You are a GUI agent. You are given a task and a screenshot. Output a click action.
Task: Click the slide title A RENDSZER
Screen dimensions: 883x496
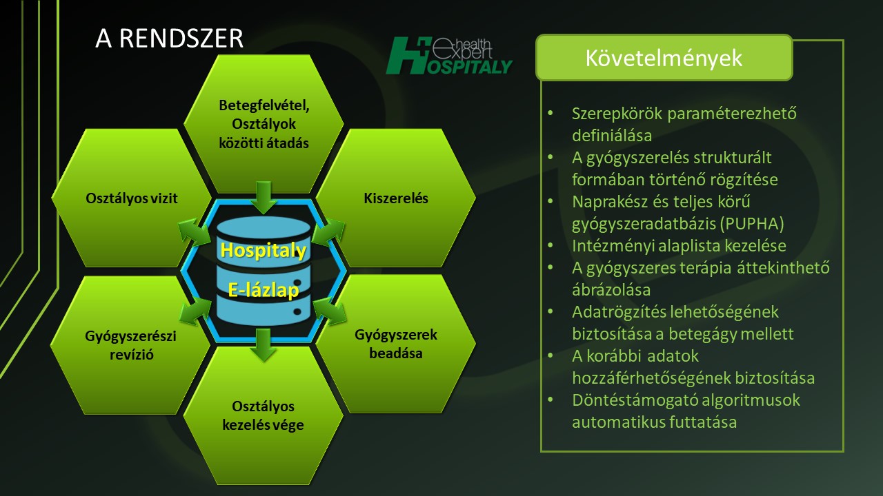(x=169, y=38)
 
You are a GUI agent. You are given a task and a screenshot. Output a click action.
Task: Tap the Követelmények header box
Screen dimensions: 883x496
(x=664, y=57)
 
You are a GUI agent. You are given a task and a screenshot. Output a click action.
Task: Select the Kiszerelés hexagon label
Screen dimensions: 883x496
(x=396, y=198)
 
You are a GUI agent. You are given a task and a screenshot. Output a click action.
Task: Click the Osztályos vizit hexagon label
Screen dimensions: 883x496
(x=132, y=198)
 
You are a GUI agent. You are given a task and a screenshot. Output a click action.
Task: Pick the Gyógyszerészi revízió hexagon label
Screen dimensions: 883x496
(x=131, y=345)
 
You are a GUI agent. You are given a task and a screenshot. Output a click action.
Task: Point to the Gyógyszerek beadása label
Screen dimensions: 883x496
(x=396, y=344)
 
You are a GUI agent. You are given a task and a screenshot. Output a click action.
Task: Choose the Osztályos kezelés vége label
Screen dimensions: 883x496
(x=263, y=415)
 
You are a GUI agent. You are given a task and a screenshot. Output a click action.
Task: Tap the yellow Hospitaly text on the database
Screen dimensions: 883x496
(x=264, y=250)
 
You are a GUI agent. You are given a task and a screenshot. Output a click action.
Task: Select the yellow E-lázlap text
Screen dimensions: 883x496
(x=264, y=291)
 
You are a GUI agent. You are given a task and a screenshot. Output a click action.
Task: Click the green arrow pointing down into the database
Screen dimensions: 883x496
(x=264, y=198)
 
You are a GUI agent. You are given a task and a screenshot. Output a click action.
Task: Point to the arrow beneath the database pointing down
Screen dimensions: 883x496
(x=264, y=345)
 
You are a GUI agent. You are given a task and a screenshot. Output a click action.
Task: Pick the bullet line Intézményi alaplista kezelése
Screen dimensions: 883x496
(x=679, y=246)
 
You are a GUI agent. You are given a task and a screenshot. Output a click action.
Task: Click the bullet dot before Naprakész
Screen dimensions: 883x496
(x=550, y=200)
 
